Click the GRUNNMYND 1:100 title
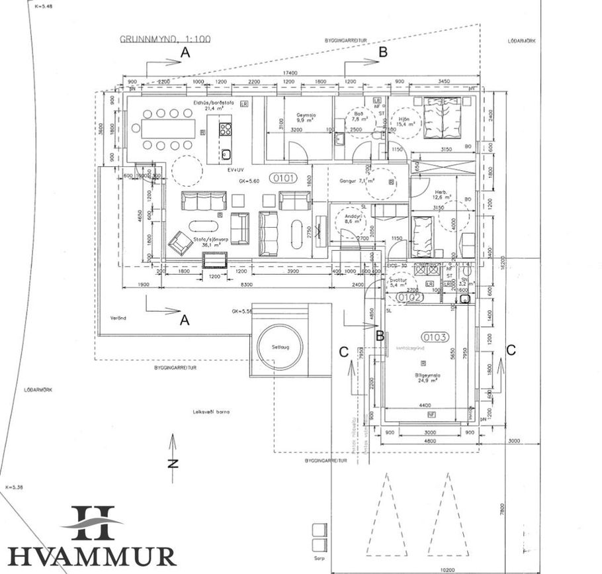coord(165,39)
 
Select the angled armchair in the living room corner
coord(179,244)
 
